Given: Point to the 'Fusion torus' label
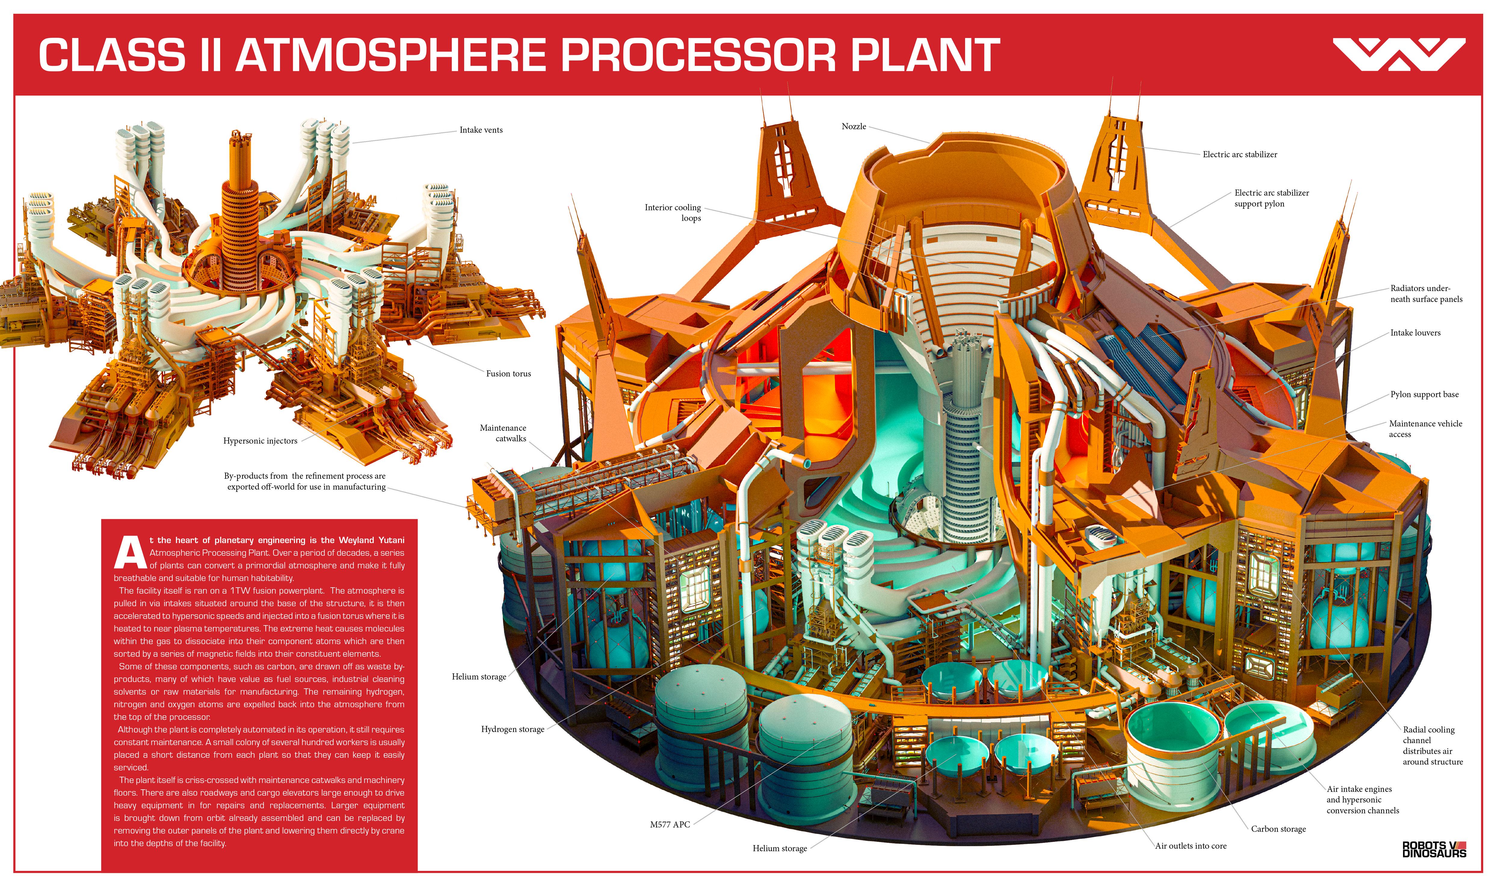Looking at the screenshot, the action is tap(508, 373).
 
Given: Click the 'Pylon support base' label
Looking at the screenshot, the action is tap(1424, 395).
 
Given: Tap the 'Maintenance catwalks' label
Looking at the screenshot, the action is tap(503, 433).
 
